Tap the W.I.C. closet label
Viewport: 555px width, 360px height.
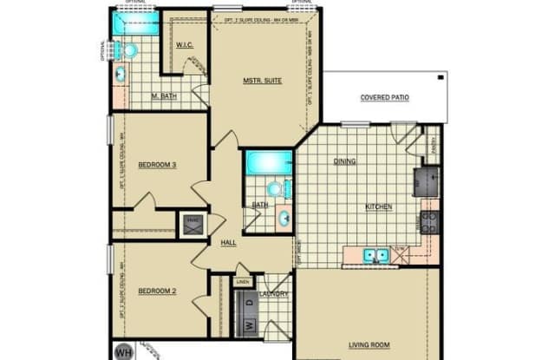(x=185, y=45)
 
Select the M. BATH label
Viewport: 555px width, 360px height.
(x=164, y=96)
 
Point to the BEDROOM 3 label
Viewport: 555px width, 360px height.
(x=157, y=163)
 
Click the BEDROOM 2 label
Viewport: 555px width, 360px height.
(x=157, y=291)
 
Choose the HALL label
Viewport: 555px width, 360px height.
(x=229, y=243)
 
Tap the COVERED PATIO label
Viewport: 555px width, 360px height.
(x=382, y=98)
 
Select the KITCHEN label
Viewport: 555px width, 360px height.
(x=378, y=206)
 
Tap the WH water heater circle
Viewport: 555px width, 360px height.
(x=124, y=352)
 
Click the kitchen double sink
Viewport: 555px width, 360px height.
(x=375, y=255)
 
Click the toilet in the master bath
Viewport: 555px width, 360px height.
(x=129, y=51)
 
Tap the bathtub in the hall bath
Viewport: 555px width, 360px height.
(x=268, y=162)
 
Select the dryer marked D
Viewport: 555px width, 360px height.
(x=247, y=303)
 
